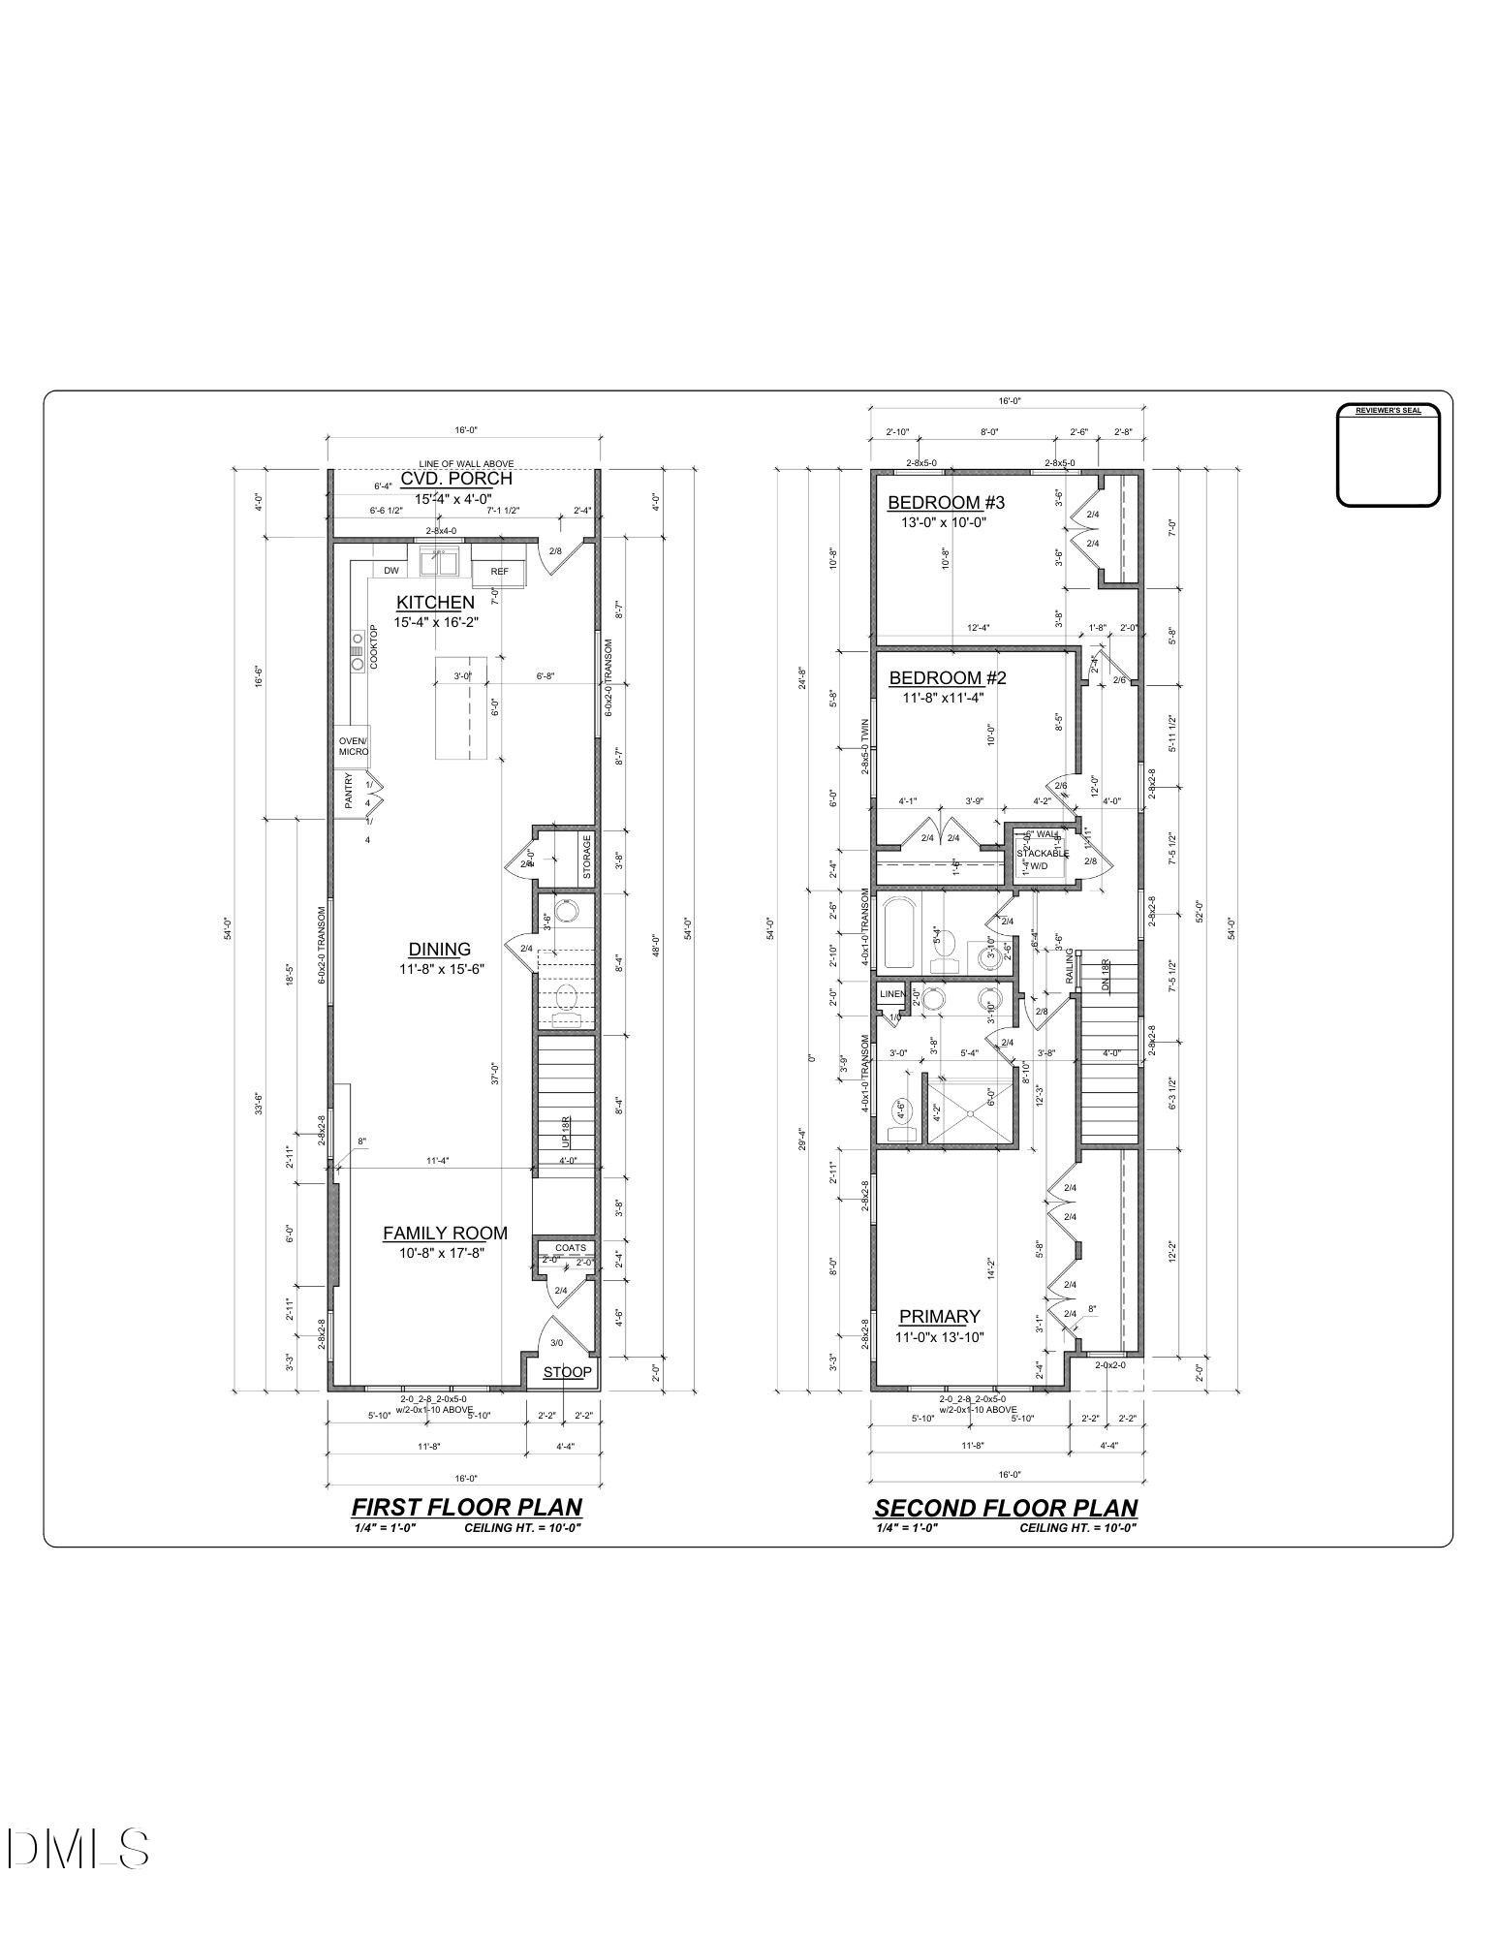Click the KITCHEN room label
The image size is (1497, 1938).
click(435, 603)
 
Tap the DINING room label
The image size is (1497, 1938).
click(439, 950)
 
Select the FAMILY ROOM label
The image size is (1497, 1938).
click(445, 1233)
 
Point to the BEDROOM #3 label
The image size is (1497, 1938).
click(946, 502)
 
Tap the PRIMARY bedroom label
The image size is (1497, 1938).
click(939, 1316)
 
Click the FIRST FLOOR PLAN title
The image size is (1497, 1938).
click(466, 1507)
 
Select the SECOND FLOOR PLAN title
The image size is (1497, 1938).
click(1005, 1508)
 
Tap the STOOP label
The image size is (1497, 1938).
click(567, 1372)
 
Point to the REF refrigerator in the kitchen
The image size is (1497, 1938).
click(499, 572)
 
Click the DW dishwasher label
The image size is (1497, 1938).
click(391, 571)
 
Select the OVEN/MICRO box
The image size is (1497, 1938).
click(353, 746)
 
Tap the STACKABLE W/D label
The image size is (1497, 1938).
click(1042, 860)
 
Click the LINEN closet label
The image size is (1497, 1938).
click(891, 994)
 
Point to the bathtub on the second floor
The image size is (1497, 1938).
click(899, 933)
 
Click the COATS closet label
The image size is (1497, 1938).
click(570, 1248)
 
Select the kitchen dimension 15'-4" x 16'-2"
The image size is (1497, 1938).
click(436, 623)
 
